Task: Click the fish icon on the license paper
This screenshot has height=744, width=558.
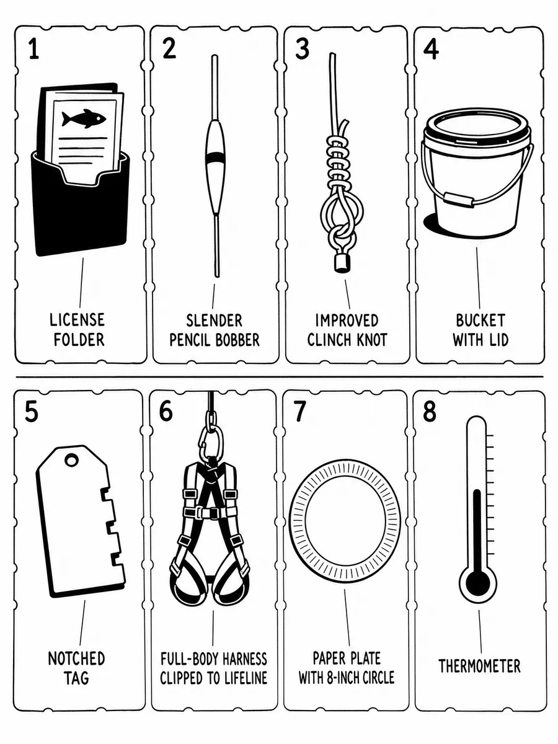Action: [x=84, y=118]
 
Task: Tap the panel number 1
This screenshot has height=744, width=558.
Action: [x=34, y=49]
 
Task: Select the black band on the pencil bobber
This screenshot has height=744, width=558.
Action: [x=215, y=157]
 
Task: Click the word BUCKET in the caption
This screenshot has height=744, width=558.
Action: [x=480, y=321]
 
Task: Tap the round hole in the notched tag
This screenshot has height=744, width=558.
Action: [x=71, y=461]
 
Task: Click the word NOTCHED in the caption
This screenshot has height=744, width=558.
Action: [x=76, y=658]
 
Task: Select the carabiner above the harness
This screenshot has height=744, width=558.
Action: [x=211, y=440]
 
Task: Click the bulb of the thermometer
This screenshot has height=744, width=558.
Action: [x=477, y=583]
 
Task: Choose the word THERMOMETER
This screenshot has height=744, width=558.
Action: [x=479, y=666]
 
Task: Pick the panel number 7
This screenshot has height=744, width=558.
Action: [x=300, y=411]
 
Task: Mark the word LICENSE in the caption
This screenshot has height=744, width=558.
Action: [x=77, y=320]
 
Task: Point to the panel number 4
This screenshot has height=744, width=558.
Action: [x=431, y=49]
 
